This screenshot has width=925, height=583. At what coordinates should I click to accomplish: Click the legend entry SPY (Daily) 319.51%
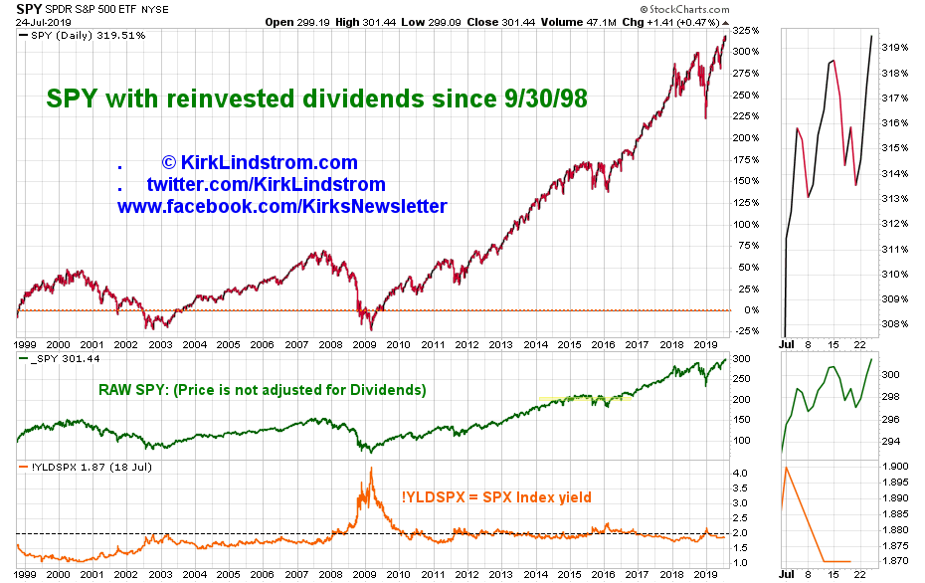pos(85,35)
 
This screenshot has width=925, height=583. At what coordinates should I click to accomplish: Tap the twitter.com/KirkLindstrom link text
pos(266,184)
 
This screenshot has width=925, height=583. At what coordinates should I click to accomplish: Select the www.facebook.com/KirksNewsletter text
pos(281,206)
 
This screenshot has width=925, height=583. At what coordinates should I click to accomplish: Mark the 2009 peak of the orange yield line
pos(372,470)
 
